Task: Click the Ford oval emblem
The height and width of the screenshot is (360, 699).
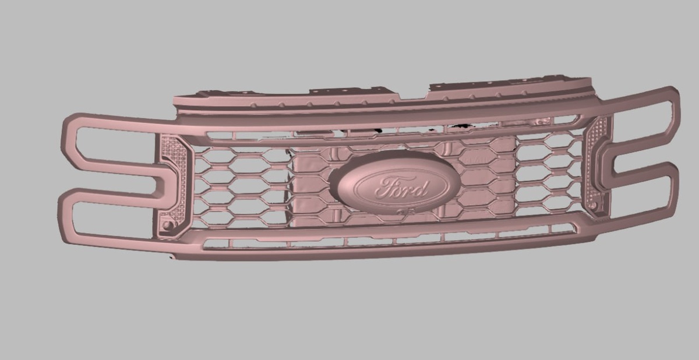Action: (395, 184)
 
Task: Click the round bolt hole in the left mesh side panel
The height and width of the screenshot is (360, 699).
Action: (168, 225)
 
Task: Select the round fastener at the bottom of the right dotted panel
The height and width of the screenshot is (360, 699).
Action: (593, 205)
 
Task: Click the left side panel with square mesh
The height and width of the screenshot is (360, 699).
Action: (172, 186)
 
